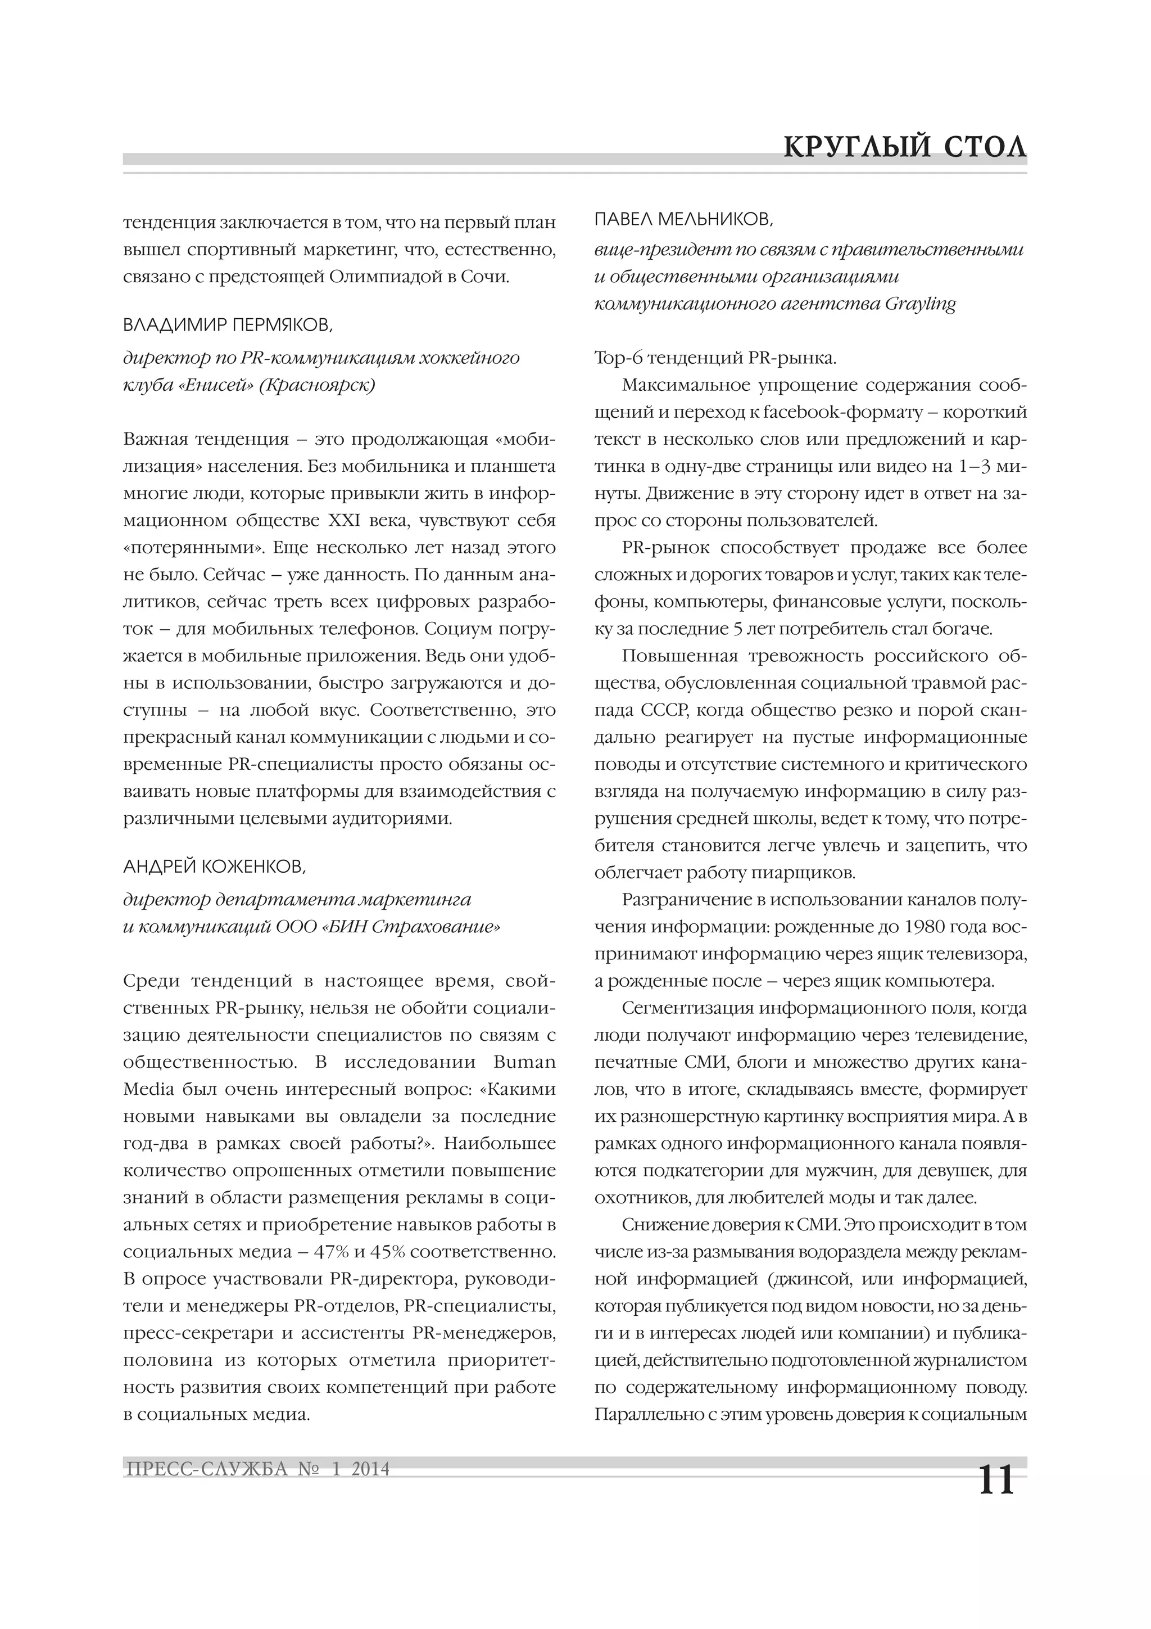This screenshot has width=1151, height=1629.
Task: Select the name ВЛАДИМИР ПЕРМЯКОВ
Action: click(227, 325)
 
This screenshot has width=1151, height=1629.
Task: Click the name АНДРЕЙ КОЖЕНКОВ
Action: click(215, 867)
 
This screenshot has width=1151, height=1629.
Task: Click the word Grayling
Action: click(921, 304)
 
